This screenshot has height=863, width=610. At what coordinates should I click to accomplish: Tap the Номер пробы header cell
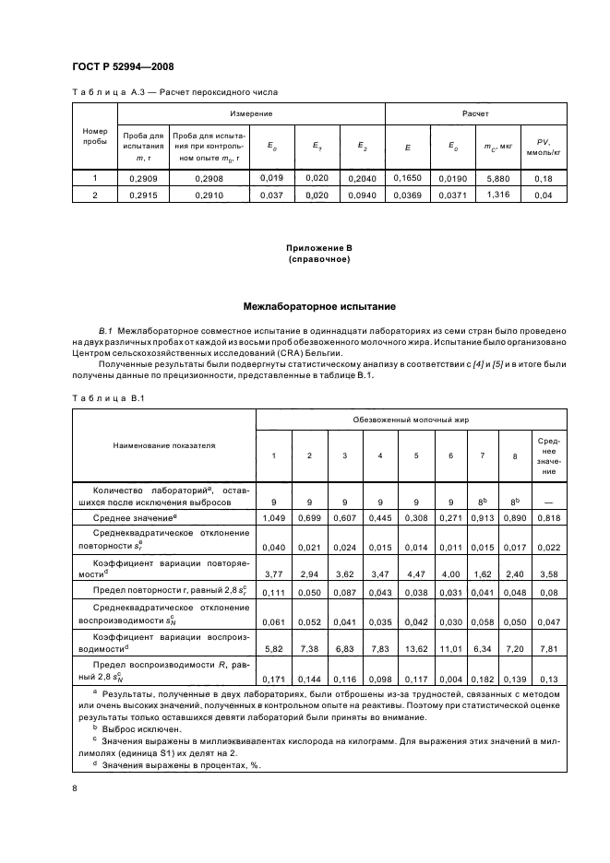point(96,136)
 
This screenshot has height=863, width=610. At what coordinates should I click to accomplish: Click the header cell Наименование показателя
point(164,444)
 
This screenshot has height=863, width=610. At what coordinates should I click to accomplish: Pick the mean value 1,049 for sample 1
point(273,519)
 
